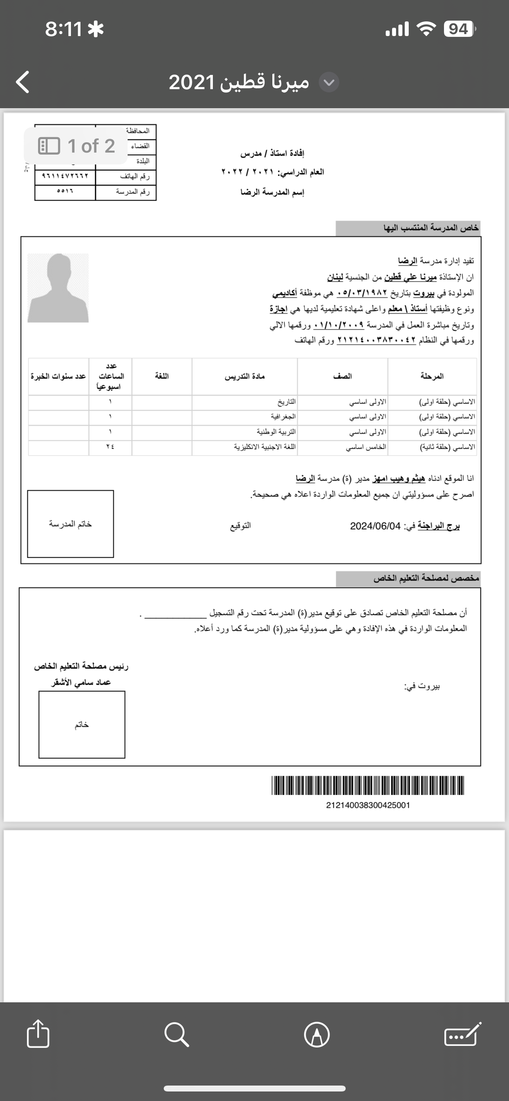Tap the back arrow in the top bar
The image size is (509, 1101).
click(23, 82)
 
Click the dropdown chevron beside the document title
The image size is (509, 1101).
click(329, 82)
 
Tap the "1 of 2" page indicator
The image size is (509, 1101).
click(76, 146)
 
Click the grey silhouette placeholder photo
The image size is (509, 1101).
click(58, 288)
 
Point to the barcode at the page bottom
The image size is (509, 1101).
click(367, 785)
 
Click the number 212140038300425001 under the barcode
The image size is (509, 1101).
click(367, 805)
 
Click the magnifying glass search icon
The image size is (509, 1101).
click(176, 1034)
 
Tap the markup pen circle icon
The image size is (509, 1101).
click(317, 1034)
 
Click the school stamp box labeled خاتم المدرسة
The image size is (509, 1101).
click(71, 524)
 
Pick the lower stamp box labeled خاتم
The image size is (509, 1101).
click(82, 724)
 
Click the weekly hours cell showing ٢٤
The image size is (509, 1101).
click(110, 447)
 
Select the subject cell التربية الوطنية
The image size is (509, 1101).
click(276, 432)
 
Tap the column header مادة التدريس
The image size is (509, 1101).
click(245, 376)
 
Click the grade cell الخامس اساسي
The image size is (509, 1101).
click(366, 447)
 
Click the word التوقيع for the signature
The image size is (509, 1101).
click(241, 526)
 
